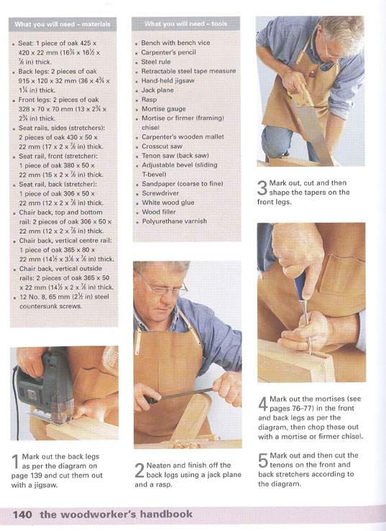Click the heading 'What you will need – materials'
coord(63,24)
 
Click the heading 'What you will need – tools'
coord(185,24)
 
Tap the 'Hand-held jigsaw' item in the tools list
coord(167,80)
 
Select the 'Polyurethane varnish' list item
coord(174,221)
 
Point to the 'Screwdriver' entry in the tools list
coord(160,193)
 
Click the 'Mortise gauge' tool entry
coord(164,108)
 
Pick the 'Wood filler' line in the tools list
coord(159,212)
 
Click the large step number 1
coord(15,461)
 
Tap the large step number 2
coord(139,470)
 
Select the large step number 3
coord(262,188)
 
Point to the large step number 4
coord(263,404)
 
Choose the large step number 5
coord(263,460)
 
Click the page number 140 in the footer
coord(22,514)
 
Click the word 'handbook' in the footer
coord(166,514)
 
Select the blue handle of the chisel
coord(300,285)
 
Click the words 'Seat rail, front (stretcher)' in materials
coord(58,156)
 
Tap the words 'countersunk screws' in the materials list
coord(50,306)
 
